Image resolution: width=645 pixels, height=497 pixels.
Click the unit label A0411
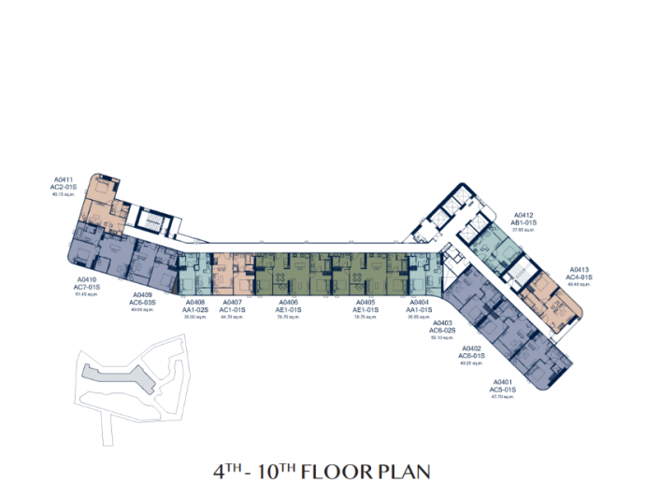64,178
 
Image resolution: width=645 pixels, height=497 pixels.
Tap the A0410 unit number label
86,278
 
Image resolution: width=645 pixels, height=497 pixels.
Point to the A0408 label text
194,302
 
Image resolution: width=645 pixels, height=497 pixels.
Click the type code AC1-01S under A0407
231,309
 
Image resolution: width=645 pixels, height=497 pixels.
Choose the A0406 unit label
288,302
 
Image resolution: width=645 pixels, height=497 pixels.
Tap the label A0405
366,302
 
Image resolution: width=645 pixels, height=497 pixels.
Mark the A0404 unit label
420,302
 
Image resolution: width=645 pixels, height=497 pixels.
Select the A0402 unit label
469,348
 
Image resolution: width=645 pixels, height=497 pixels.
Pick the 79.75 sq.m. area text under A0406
288,317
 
